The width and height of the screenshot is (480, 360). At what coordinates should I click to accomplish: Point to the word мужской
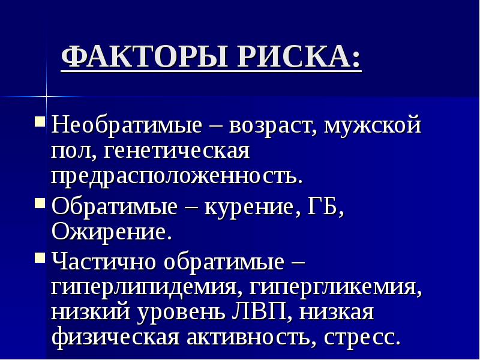click(x=372, y=127)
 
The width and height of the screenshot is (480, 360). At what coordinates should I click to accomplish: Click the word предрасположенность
click(x=177, y=176)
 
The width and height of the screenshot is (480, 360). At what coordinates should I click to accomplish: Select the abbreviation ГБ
click(x=325, y=207)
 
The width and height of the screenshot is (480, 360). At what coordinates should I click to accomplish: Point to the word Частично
click(x=104, y=262)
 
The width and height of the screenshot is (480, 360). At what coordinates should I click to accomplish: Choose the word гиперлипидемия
click(x=142, y=287)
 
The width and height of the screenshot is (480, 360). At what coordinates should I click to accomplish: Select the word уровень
click(x=189, y=313)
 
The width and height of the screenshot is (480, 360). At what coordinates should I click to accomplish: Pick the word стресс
click(x=361, y=337)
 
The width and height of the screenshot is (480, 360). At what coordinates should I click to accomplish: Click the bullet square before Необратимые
click(x=40, y=122)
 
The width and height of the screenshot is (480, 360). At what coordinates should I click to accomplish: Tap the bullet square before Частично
click(x=40, y=258)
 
